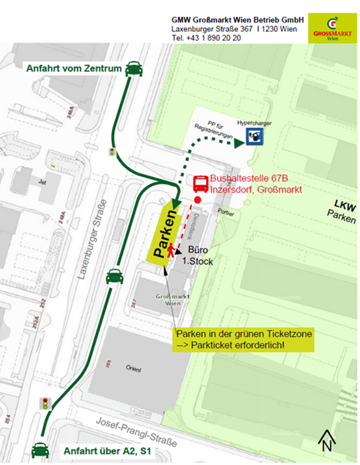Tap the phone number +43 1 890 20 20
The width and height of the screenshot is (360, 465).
tap(206, 38)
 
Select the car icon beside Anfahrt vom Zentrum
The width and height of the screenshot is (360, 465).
tap(134, 67)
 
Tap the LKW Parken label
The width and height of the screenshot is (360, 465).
tap(341, 209)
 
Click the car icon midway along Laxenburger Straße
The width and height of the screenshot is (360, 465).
tap(114, 277)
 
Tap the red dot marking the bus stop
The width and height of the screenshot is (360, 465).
tap(197, 198)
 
